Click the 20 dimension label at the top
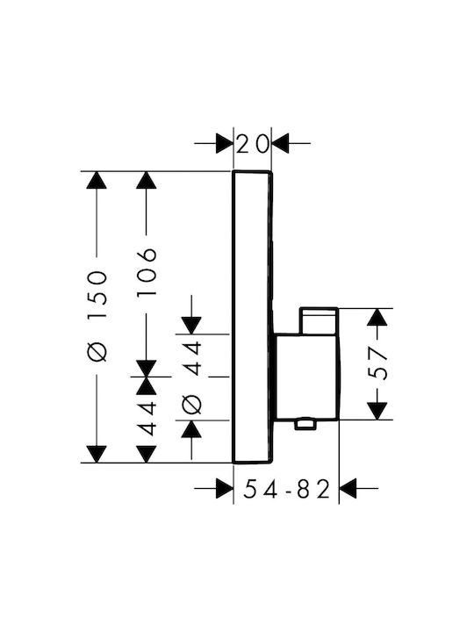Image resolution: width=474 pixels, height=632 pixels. tap(252, 144)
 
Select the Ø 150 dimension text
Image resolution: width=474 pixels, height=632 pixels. tap(97, 316)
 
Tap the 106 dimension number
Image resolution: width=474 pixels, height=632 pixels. tap(147, 272)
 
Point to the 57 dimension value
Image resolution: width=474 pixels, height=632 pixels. tap(378, 364)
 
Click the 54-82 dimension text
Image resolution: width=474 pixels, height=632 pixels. tap(286, 489)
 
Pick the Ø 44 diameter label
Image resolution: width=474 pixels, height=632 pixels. tap(191, 377)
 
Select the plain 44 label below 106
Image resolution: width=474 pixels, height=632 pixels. tap(147, 419)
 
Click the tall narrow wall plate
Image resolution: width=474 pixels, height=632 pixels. tap(253, 317)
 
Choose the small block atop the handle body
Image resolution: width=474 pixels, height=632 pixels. tap(319, 321)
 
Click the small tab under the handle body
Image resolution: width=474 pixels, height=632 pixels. tap(305, 425)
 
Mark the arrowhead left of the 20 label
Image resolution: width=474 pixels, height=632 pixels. tap(225, 143)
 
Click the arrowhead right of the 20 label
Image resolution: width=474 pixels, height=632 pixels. tap(281, 143)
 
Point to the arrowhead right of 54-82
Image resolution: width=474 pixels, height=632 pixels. tap(348, 488)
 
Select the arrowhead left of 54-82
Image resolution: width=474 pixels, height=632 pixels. tap(225, 488)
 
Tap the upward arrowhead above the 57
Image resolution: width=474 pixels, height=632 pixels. tap(377, 317)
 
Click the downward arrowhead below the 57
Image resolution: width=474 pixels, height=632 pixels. tap(377, 411)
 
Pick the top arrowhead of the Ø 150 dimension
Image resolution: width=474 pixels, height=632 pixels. tap(97, 180)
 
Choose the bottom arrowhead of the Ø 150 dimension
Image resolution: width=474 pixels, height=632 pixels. tap(97, 455)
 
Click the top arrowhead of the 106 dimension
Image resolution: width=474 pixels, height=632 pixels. tap(147, 180)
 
